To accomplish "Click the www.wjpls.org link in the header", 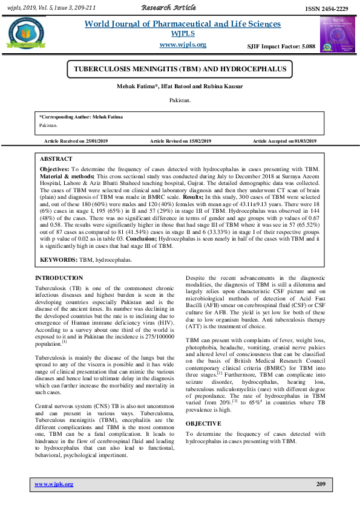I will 182,45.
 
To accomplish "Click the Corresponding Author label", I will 71,115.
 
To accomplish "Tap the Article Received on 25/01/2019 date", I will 76,141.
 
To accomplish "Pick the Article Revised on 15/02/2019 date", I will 180,141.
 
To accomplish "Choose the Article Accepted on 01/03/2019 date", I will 284,141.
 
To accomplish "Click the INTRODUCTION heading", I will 59,278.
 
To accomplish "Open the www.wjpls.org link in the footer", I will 54,484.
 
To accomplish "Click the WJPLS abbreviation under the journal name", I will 182,33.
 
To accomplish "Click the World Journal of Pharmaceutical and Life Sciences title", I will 182,24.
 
